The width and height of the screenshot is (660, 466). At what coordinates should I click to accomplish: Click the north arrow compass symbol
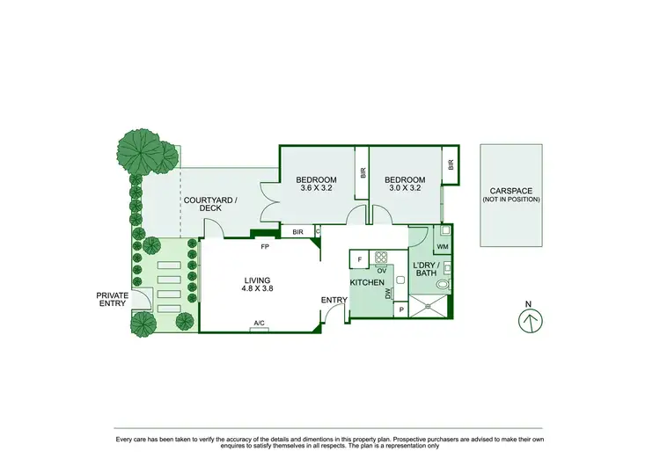coord(528,321)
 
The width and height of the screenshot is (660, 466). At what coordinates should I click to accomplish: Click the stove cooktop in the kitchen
coord(382,258)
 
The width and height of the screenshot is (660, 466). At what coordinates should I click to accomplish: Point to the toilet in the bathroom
coord(443,285)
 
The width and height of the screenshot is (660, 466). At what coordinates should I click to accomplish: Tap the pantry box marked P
coord(401,309)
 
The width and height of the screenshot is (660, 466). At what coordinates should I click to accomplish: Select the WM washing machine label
coord(442,249)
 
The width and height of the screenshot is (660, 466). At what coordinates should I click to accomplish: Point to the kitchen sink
coord(400,280)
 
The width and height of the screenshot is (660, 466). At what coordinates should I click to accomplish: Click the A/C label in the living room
coord(260,324)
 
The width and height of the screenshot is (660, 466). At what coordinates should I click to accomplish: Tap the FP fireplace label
coord(263,246)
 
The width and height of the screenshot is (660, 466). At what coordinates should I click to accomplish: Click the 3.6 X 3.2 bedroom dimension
coord(318,187)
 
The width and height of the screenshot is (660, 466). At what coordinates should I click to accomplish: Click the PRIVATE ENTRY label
coord(113,300)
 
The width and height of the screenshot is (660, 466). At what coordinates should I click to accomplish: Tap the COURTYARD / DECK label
coord(209,204)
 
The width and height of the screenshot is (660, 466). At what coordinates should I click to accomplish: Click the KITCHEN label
coord(367,282)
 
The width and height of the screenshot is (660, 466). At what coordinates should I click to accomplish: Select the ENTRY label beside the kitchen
coord(334,300)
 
